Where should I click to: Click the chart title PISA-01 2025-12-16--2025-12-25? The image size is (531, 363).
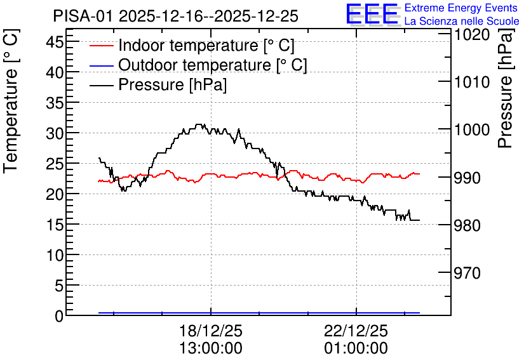[175, 16]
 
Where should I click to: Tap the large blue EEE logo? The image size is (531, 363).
[372, 15]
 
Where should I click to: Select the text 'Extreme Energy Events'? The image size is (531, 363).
[461, 8]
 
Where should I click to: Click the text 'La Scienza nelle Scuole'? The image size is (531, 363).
[462, 21]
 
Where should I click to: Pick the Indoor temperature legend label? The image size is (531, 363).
[206, 45]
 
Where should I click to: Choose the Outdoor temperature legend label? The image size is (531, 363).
[212, 65]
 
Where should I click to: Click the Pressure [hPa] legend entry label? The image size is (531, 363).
[172, 84]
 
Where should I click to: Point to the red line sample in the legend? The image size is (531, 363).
[101, 46]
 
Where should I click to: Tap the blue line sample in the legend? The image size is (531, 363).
[101, 65]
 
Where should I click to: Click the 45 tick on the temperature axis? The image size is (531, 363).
[54, 42]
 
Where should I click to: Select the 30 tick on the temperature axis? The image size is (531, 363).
[54, 134]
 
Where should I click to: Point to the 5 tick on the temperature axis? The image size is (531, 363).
[59, 286]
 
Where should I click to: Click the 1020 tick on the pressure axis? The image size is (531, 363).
[472, 34]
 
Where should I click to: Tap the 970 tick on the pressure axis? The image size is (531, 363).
[467, 273]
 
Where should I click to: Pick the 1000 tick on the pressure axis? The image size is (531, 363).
[472, 130]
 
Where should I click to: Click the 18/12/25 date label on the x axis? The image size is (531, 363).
[211, 331]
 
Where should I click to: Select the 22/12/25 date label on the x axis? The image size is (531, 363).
[356, 331]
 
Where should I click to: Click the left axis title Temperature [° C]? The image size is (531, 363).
[11, 101]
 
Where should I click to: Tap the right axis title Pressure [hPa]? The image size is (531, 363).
[506, 88]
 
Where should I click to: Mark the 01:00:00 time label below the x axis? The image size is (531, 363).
[356, 348]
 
